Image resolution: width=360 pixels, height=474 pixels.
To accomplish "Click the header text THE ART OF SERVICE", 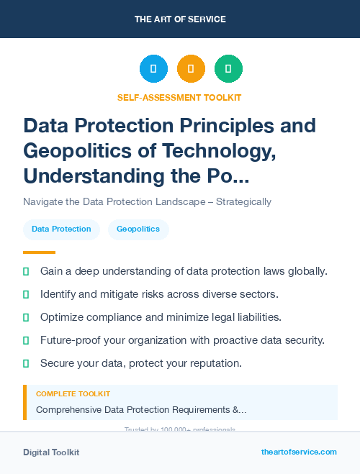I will (x=180, y=19).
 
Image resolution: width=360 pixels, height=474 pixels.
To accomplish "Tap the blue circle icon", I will (x=153, y=69).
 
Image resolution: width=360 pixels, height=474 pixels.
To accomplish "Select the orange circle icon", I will (x=191, y=69).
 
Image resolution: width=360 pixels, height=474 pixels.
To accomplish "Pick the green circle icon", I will (x=228, y=69).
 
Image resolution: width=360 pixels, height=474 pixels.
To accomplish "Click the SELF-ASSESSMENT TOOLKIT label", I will (x=179, y=97).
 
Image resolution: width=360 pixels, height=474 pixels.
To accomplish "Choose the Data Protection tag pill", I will (x=61, y=229).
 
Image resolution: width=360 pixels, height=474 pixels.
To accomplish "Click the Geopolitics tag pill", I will (x=138, y=229).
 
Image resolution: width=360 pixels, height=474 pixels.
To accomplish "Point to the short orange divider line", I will (x=39, y=252).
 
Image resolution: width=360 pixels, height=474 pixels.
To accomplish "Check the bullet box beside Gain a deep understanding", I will (x=26, y=271).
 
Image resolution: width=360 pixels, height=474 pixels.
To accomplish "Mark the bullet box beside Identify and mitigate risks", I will (x=26, y=294).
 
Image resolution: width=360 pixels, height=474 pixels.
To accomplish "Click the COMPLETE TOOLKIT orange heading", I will (x=73, y=394).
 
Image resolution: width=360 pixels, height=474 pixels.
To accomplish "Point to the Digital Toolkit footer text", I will (x=51, y=452).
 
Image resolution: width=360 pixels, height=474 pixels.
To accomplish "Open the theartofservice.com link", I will (x=299, y=452).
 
